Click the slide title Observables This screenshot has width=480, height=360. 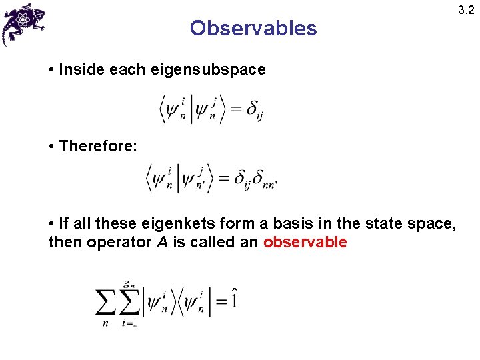253,28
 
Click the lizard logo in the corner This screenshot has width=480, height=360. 25,23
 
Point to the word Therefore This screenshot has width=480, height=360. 98,146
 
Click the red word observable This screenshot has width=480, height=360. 305,242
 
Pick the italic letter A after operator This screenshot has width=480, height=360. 162,242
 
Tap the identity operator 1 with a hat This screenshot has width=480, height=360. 233,299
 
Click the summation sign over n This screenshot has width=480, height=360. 106,303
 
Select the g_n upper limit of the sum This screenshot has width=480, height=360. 129,283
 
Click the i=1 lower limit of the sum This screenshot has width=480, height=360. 129,323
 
